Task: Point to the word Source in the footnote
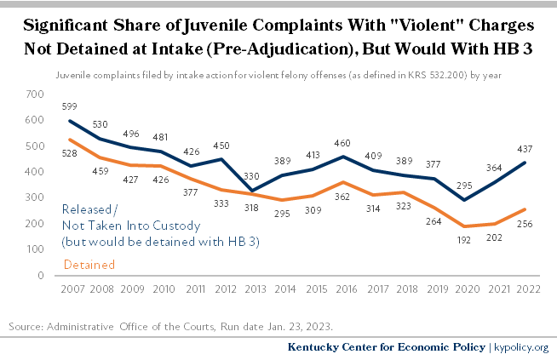[26, 326]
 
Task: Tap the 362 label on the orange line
[345, 197]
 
